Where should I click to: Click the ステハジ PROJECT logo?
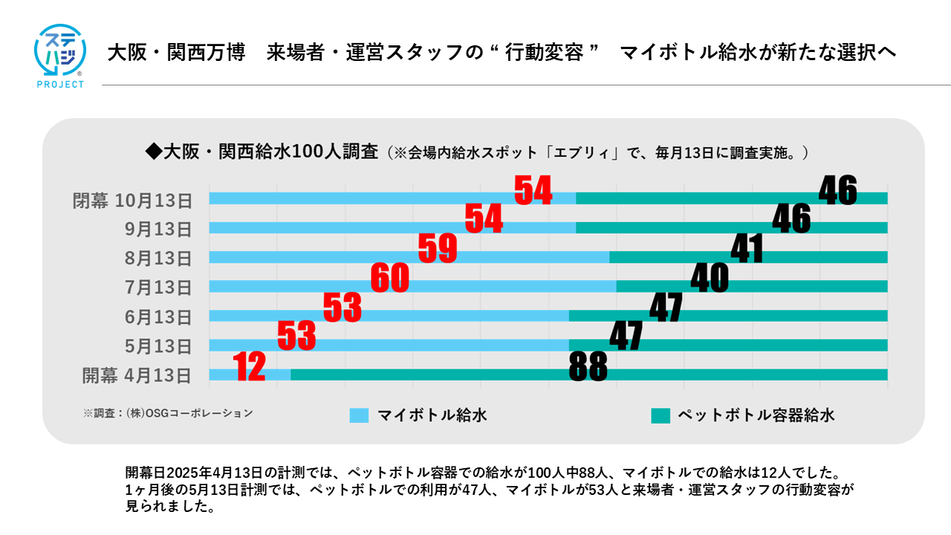point(60,56)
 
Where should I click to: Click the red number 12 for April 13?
point(250,367)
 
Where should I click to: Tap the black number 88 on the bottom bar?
point(588,366)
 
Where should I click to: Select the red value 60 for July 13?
point(390,279)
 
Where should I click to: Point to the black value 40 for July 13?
point(710,279)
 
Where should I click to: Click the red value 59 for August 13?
point(438,249)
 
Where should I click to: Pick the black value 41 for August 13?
point(747,250)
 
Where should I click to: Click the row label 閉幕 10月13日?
point(132,201)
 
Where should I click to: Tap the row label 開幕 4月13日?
point(137,375)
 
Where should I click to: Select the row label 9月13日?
point(158,229)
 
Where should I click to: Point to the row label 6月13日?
point(158,317)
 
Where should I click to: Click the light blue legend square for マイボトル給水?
point(359,415)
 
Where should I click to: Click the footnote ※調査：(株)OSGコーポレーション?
point(168,413)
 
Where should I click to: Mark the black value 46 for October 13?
point(837,190)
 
